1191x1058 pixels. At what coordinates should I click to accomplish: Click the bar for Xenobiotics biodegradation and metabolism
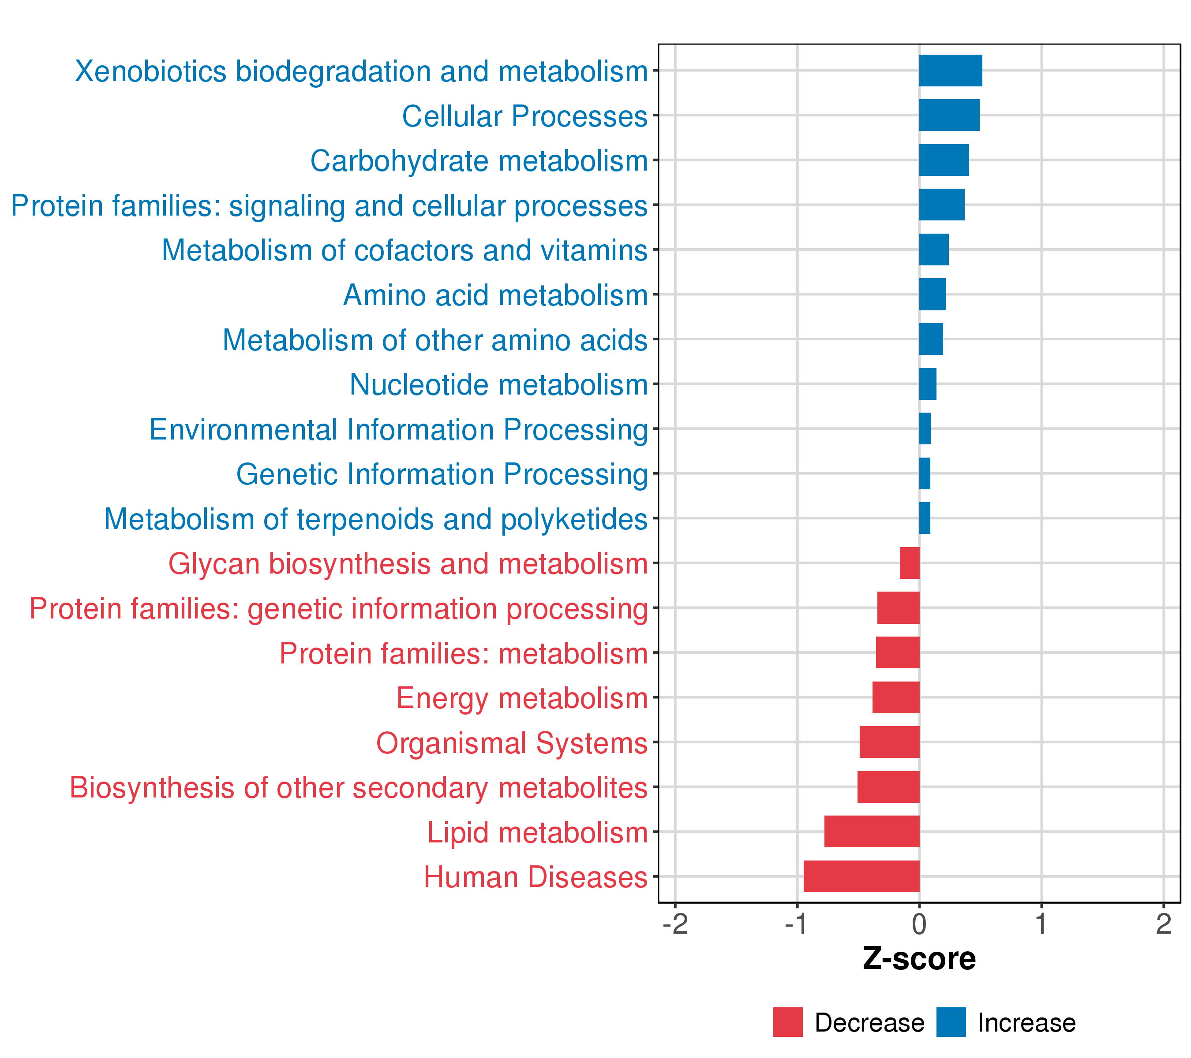(x=950, y=71)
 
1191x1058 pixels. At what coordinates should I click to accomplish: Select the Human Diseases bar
(x=861, y=876)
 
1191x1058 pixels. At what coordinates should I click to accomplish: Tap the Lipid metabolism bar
(x=872, y=831)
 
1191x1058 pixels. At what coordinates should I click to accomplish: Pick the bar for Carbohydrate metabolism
(x=944, y=160)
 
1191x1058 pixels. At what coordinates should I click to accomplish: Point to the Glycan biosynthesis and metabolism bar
(x=910, y=563)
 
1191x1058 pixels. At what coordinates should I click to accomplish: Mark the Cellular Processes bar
(x=949, y=115)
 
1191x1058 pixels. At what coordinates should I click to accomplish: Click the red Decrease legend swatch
(x=788, y=1022)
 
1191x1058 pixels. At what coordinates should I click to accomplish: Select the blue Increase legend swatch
(x=951, y=1022)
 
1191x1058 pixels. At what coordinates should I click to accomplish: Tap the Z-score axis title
(x=919, y=959)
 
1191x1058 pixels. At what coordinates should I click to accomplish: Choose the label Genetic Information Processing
(x=442, y=474)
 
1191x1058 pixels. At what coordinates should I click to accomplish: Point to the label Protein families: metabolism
(x=463, y=653)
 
